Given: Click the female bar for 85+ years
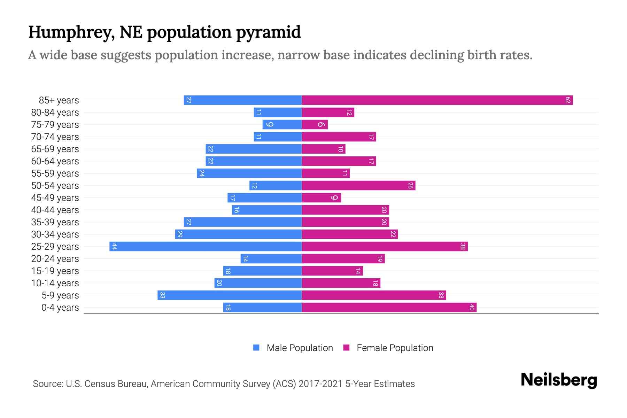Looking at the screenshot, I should (x=437, y=100).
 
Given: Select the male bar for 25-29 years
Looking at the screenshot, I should (x=206, y=247).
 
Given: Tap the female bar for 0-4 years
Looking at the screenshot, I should (x=389, y=308).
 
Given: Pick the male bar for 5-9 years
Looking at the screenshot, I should (x=230, y=295).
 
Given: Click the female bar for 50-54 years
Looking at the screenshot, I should (x=358, y=186).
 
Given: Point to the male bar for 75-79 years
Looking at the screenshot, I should (x=282, y=125).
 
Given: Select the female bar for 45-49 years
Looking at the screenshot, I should (x=321, y=198).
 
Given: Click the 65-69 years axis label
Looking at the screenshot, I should (x=55, y=149).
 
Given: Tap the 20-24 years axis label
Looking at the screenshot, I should (x=55, y=259).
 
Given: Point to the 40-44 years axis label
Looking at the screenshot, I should (x=55, y=210).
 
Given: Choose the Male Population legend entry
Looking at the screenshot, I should (x=293, y=348).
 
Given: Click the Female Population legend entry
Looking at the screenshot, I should (x=388, y=348).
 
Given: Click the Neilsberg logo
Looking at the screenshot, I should (x=559, y=380).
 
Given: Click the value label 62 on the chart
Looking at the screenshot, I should (x=568, y=100).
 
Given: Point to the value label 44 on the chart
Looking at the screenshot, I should (x=114, y=247).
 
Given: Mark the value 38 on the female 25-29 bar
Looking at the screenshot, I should (x=463, y=247).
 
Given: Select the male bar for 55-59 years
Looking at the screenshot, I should (x=249, y=173).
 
